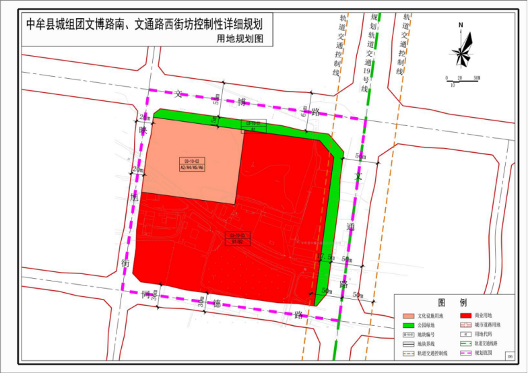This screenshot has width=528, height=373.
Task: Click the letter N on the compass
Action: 461,26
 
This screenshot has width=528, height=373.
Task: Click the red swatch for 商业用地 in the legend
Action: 465,315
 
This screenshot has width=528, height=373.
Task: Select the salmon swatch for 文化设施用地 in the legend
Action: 407,315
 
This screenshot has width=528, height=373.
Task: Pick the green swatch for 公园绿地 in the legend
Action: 407,325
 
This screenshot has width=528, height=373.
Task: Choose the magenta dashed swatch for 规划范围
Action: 465,352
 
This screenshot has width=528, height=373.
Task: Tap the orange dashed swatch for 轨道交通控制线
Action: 407,352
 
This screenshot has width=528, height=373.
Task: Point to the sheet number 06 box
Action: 510,357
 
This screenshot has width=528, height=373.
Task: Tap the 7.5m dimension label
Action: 327,257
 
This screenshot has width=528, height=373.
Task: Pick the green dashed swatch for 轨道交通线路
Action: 465,343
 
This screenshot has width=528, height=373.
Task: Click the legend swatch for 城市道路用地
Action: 465,325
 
